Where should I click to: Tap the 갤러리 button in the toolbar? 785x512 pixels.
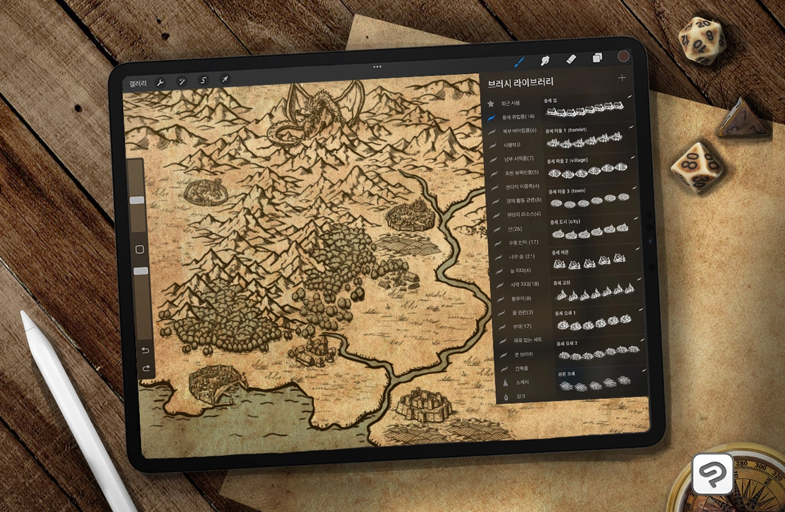[138, 83]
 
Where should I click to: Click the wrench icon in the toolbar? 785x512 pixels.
[160, 82]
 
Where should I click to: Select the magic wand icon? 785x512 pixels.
[182, 82]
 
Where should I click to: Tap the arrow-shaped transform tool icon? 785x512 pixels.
[224, 80]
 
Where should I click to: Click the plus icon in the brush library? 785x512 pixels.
[621, 78]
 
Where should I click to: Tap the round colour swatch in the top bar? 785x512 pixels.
[623, 57]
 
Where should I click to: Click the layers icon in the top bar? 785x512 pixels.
[597, 58]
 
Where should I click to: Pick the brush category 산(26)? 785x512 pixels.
[514, 229]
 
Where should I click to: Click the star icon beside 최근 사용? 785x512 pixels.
[491, 103]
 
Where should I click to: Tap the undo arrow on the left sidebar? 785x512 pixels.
[145, 350]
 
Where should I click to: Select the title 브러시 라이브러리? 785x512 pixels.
[521, 82]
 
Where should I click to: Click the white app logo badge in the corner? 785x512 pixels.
[712, 473]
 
